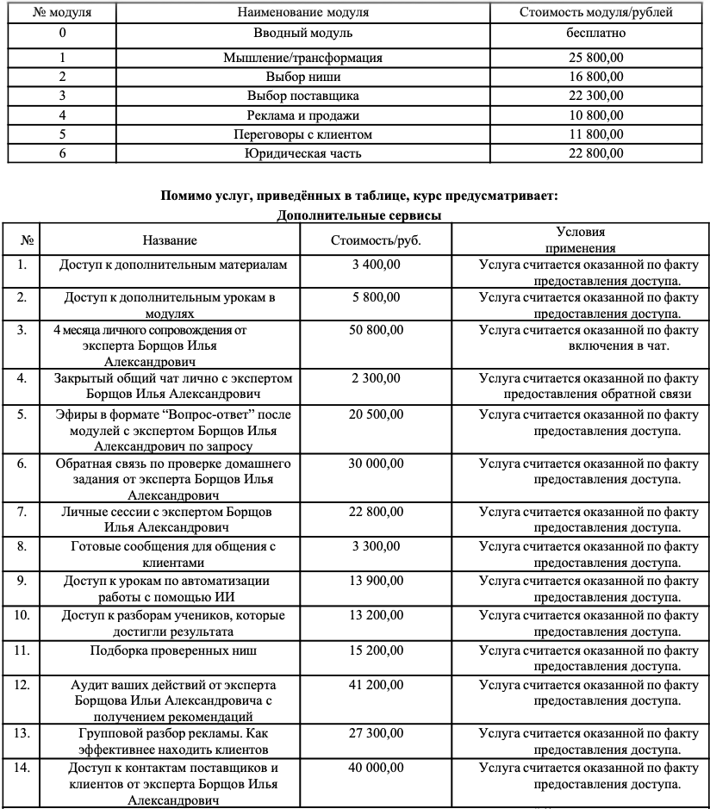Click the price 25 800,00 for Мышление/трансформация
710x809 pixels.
[x=596, y=58]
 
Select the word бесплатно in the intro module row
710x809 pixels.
[x=596, y=34]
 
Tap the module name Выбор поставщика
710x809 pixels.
[x=302, y=96]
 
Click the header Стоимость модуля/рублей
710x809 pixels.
[x=596, y=12]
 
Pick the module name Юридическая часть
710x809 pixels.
[x=302, y=154]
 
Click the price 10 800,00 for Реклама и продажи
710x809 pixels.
[x=596, y=115]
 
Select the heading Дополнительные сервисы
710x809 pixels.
[x=359, y=215]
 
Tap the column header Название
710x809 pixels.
[x=170, y=240]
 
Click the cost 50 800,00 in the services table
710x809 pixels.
[x=376, y=329]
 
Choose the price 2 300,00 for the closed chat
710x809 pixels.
[x=376, y=378]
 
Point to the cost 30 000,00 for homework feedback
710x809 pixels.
[x=376, y=464]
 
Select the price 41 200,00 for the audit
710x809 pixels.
[x=376, y=685]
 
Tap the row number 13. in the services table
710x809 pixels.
[x=23, y=733]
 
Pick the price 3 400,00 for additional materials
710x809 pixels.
[x=376, y=264]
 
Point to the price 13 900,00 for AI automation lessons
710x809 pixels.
[x=376, y=582]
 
